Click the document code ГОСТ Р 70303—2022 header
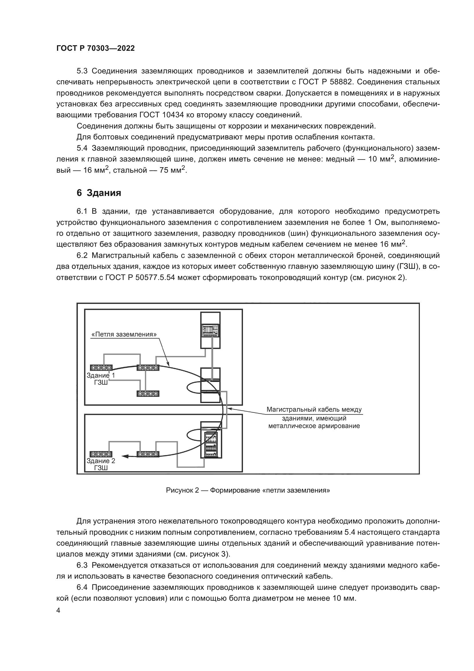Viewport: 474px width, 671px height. (95, 48)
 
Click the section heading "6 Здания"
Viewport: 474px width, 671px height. (99, 193)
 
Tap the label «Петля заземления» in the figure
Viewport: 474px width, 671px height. (124, 334)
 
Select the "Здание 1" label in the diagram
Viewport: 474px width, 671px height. (101, 376)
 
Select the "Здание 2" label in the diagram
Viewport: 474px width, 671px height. (101, 461)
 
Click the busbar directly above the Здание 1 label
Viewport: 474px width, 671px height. (101, 367)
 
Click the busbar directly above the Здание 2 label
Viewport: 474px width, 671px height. (101, 454)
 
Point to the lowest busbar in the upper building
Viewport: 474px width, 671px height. (148, 394)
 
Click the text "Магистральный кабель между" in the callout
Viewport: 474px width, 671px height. (314, 409)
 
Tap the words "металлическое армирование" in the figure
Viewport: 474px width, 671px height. (314, 426)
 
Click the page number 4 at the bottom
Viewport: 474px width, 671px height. (58, 610)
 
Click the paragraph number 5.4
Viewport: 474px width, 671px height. (82, 148)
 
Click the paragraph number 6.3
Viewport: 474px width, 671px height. (82, 565)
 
